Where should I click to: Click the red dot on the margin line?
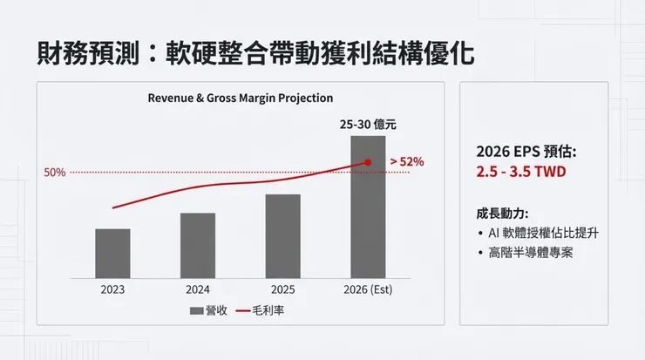[x=368, y=162]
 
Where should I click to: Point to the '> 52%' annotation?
[x=406, y=161]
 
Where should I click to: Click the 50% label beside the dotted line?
[x=55, y=173]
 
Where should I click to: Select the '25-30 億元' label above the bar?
[x=368, y=125]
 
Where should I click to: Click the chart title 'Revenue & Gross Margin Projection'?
[x=241, y=98]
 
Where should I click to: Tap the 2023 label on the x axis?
[x=112, y=288]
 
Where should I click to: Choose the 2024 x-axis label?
[x=198, y=288]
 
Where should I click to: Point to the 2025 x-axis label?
[x=282, y=288]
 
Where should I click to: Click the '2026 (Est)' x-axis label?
[x=368, y=288]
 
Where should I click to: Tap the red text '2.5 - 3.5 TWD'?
[x=521, y=172]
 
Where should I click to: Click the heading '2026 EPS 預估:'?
[x=526, y=151]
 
